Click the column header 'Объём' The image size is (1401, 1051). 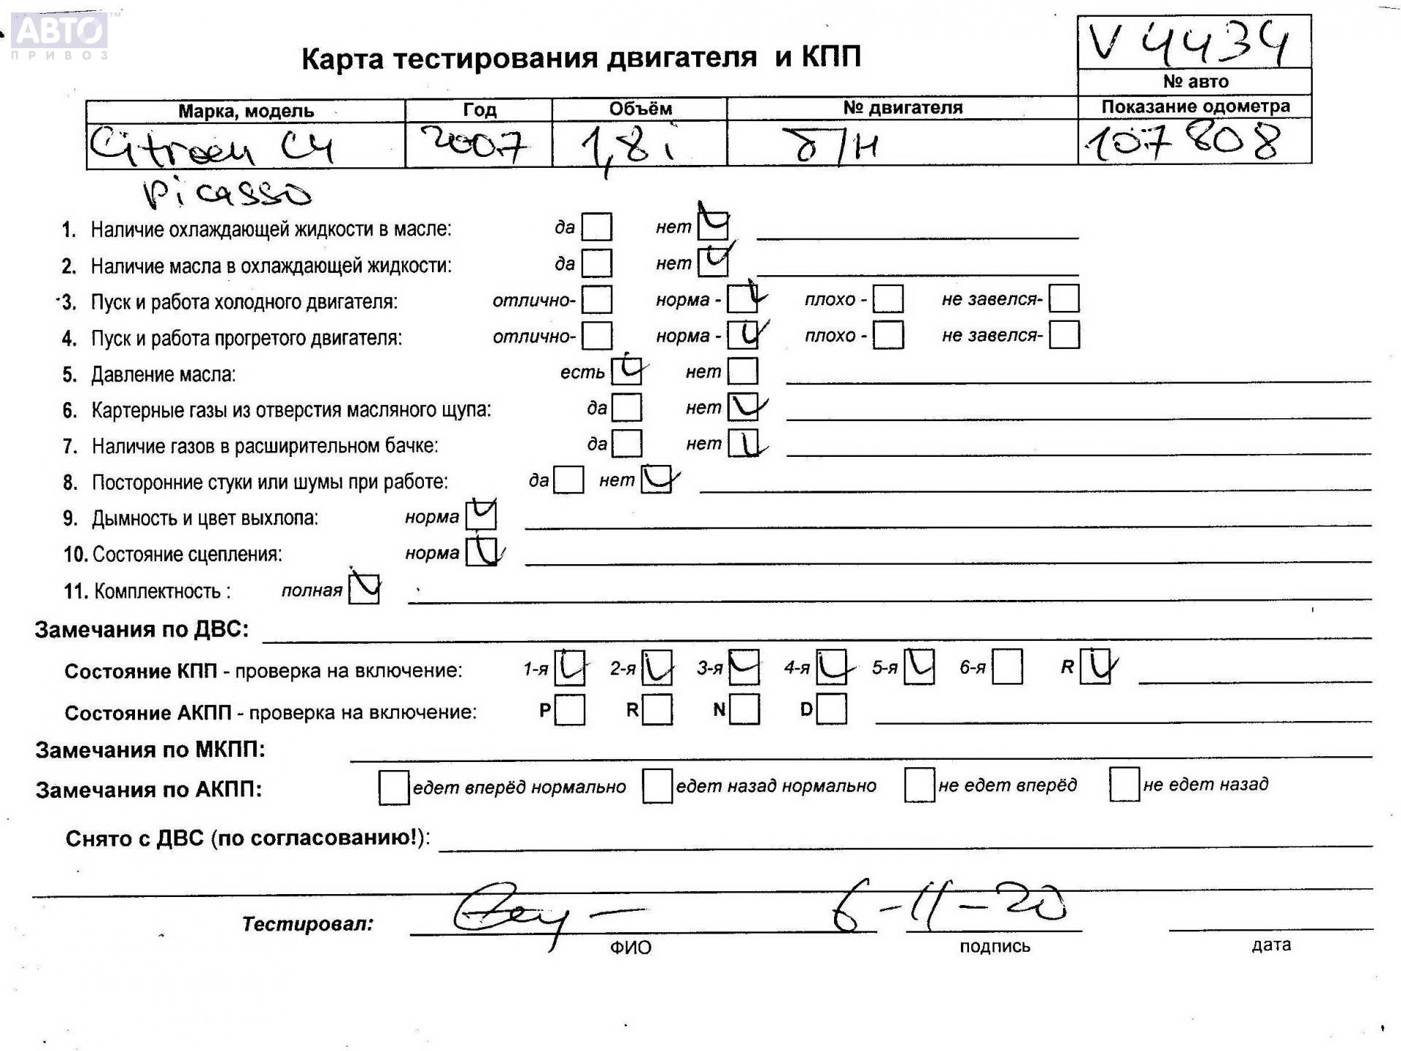640,109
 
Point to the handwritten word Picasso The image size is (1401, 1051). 227,192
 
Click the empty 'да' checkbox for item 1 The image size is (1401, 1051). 597,227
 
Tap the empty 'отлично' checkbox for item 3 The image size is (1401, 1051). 597,299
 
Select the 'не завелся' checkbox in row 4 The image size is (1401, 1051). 1064,335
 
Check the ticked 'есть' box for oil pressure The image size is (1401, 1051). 627,371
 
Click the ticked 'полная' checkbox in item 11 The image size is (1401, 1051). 364,589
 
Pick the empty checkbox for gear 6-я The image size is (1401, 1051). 1007,667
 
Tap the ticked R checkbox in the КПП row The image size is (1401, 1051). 1095,666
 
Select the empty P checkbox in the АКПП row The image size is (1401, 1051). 569,709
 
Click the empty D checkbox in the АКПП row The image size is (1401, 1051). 832,709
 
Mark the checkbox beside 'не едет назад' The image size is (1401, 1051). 1124,785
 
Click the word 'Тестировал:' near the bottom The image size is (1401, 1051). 307,924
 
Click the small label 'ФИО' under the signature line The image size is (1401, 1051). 630,947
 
